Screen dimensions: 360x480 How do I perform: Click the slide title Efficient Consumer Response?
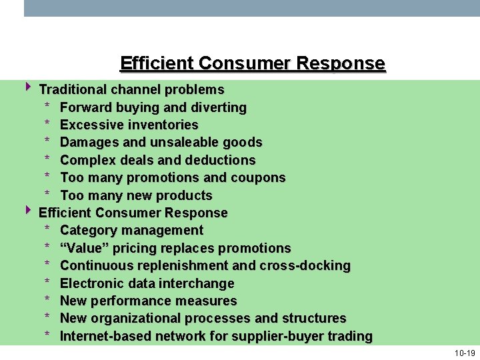point(252,63)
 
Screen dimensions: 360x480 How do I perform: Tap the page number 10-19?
point(465,353)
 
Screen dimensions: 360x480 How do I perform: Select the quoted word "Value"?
point(83,248)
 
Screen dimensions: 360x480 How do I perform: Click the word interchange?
point(200,283)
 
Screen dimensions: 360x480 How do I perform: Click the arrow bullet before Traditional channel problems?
point(29,87)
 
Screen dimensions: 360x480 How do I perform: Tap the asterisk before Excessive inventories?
point(47,125)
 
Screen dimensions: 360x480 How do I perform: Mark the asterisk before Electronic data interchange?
point(47,283)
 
